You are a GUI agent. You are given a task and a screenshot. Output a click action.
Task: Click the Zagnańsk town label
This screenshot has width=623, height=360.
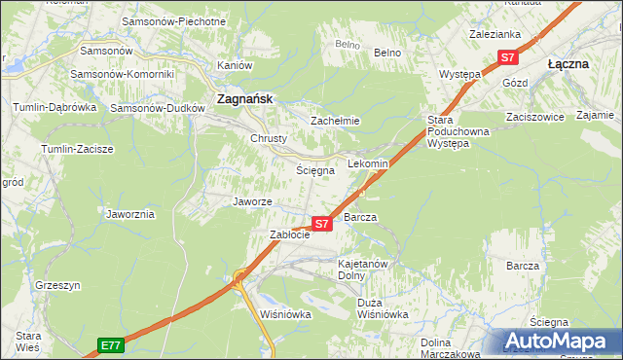(x=243, y=98)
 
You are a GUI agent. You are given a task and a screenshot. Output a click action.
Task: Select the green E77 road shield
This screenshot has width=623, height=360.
(x=111, y=344)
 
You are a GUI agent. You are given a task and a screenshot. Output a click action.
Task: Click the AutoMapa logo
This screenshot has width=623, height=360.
(x=559, y=341)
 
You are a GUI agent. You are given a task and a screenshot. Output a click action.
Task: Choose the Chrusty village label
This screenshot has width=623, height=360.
(x=269, y=138)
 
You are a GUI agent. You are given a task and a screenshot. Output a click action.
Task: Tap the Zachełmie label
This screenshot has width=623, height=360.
(x=335, y=121)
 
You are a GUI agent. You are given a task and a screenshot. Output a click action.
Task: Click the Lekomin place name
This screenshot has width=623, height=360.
(x=368, y=164)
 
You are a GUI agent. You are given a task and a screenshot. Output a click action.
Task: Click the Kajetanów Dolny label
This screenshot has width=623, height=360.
(x=363, y=269)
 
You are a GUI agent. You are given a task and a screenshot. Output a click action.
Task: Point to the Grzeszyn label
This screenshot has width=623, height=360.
(x=56, y=286)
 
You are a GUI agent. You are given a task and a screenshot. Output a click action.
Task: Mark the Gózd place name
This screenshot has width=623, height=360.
(x=515, y=83)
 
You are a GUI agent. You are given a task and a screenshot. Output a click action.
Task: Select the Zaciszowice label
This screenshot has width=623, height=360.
(x=535, y=115)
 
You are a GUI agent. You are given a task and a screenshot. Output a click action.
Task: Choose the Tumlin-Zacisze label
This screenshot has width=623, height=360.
(x=77, y=149)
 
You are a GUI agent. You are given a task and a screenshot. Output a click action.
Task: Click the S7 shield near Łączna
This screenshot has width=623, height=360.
(x=507, y=57)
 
